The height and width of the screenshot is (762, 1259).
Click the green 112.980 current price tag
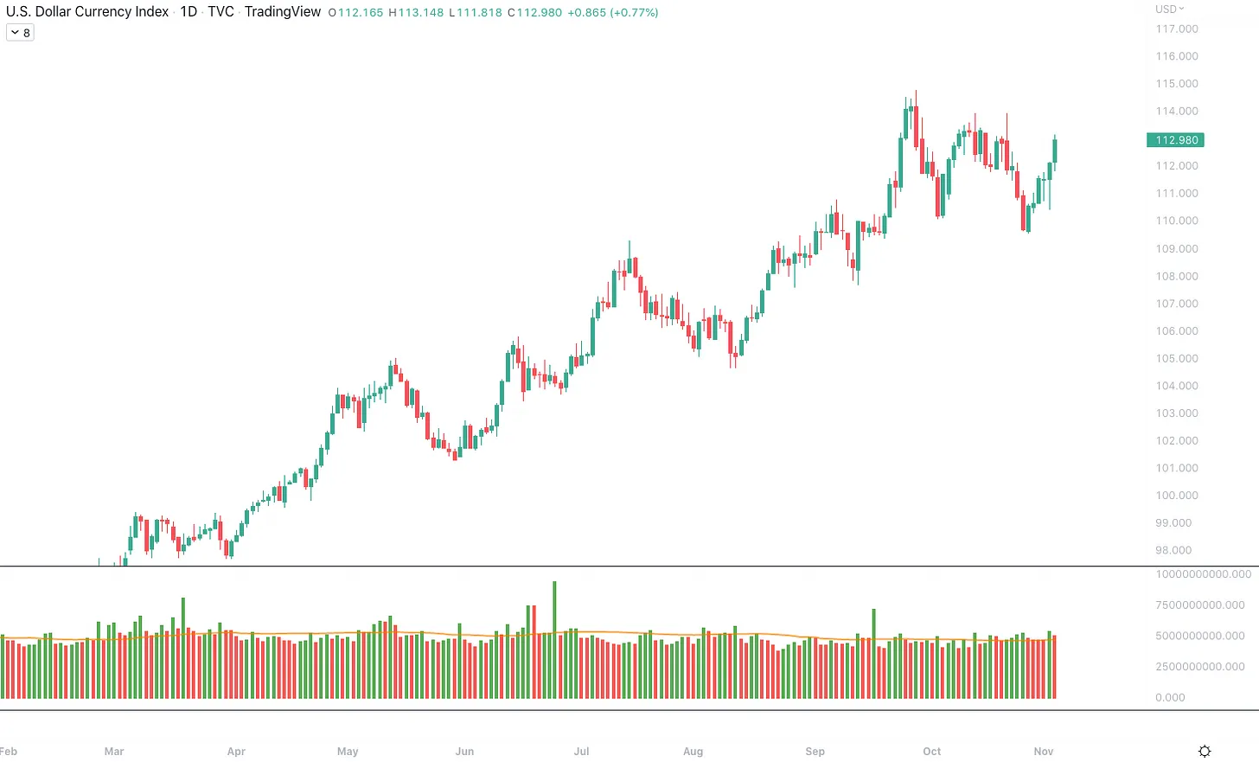click(1175, 140)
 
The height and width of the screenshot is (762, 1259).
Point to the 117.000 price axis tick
click(1177, 29)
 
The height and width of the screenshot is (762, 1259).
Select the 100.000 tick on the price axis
click(1177, 496)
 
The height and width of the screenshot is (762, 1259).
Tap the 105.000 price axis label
click(1177, 359)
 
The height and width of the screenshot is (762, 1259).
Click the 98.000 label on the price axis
click(1173, 551)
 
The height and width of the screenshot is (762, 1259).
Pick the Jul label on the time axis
click(581, 752)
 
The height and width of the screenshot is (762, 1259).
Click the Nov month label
click(1044, 752)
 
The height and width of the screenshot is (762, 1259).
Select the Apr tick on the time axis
click(236, 752)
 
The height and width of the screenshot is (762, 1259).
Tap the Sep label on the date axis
click(815, 752)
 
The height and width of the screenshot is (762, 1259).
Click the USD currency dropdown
click(1169, 10)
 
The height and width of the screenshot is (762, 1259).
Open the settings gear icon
click(1205, 752)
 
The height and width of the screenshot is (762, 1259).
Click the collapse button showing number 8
click(20, 33)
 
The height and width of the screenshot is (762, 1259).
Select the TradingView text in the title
click(283, 12)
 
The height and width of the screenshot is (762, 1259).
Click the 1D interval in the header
click(189, 12)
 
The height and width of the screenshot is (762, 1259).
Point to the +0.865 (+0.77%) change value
click(613, 13)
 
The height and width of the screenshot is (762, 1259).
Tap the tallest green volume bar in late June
click(554, 640)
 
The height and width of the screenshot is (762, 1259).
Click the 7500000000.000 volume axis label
click(1200, 605)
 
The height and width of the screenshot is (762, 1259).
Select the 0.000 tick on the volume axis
click(1170, 698)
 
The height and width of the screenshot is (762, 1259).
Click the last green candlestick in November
click(1055, 150)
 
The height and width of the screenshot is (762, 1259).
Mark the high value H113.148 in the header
click(416, 13)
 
